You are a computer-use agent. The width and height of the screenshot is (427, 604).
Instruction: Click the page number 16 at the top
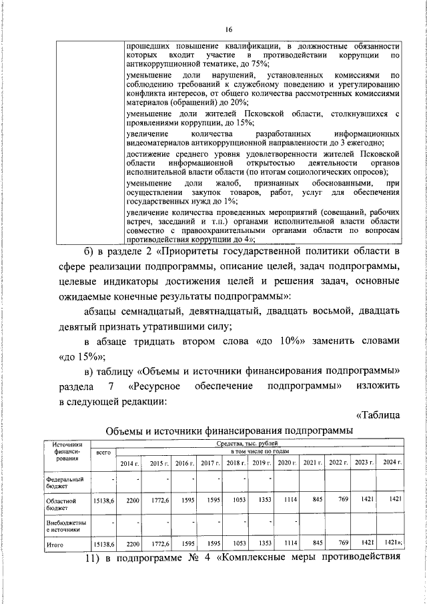pos(228,29)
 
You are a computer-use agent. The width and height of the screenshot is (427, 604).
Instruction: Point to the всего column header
pos(103,452)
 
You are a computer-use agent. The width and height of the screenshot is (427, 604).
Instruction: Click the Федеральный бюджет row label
pos(64,483)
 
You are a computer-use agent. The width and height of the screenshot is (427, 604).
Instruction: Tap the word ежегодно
pos(364,143)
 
